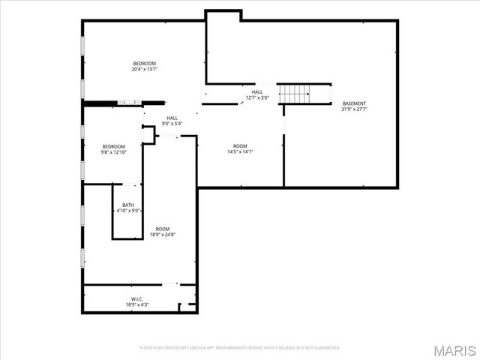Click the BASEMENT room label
click(x=354, y=103)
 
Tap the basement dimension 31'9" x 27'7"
click(x=354, y=109)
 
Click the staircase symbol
click(x=294, y=94)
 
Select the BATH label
click(x=129, y=205)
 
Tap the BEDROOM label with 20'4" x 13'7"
click(x=144, y=63)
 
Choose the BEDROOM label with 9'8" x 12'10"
click(x=114, y=146)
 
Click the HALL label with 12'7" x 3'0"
click(x=257, y=92)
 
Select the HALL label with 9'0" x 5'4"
click(x=172, y=118)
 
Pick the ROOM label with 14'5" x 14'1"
click(x=240, y=146)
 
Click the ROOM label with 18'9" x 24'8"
click(x=163, y=229)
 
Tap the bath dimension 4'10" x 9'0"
click(x=129, y=211)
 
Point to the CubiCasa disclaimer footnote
click(x=240, y=348)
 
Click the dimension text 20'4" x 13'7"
click(x=144, y=69)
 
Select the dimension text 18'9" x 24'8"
click(x=163, y=235)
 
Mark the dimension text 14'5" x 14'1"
click(x=240, y=152)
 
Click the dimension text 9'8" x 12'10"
click(x=114, y=152)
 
